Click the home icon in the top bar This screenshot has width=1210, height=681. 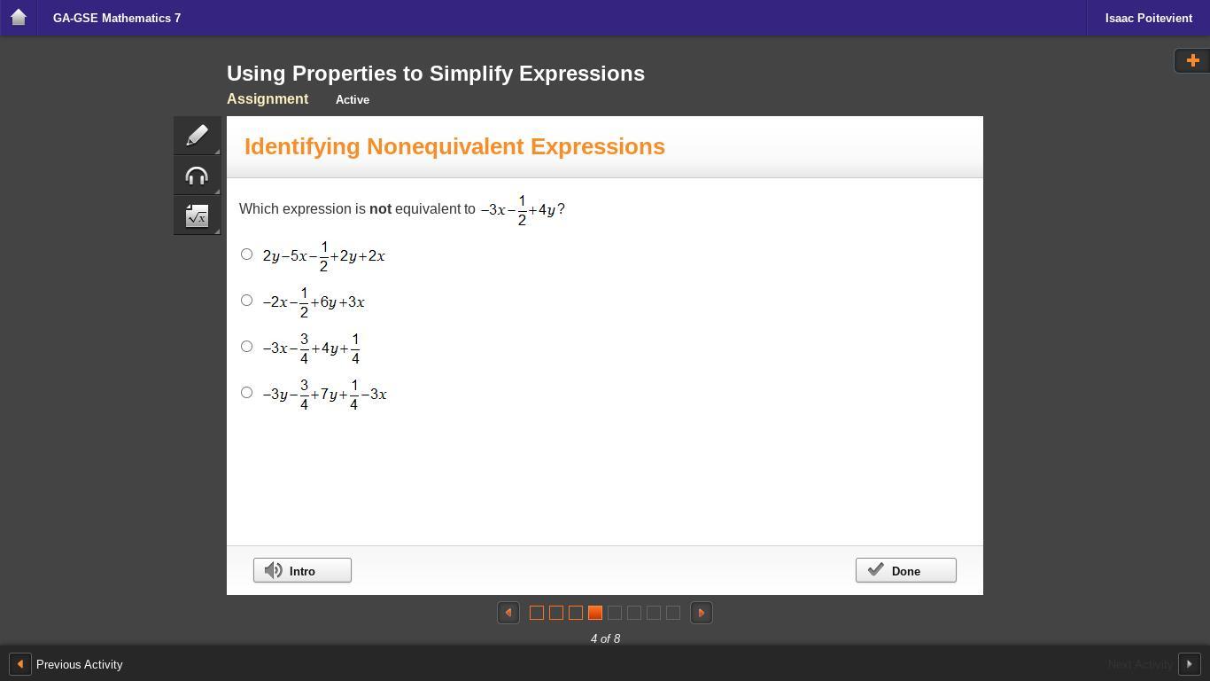point(19,18)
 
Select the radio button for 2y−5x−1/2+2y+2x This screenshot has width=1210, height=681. point(246,254)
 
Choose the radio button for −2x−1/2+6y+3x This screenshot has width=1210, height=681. point(246,301)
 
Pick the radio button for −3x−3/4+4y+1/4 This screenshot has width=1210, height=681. point(246,346)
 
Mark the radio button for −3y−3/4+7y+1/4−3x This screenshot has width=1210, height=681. point(246,392)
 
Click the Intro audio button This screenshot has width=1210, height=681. point(302,570)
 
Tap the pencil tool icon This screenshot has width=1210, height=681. point(197,136)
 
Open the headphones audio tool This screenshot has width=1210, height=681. point(197,176)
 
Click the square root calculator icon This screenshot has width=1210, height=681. point(197,215)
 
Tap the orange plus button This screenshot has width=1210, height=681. point(1192,60)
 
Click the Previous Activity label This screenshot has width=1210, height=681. point(80,664)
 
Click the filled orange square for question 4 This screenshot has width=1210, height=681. point(595,613)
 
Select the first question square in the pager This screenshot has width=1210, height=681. point(537,613)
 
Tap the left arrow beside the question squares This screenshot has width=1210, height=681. point(508,613)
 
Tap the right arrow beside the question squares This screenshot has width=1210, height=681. point(702,613)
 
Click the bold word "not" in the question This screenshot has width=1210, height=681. point(380,208)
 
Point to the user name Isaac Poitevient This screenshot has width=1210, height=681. point(1148,18)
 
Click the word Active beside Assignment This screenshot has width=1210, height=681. point(353,99)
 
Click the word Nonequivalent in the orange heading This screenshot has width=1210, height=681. point(445,146)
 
